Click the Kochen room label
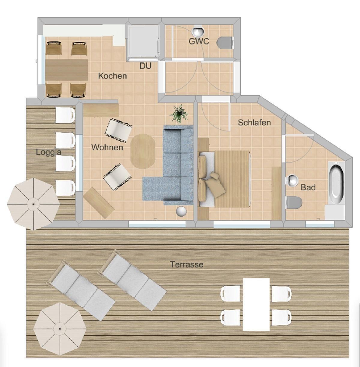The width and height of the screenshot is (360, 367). click(112, 76)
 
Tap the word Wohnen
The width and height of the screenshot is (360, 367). click(107, 148)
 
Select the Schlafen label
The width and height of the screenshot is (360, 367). click(254, 122)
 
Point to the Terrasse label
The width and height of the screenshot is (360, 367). click(187, 264)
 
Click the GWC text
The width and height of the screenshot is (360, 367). click(199, 41)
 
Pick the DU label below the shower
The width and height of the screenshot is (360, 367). click(145, 66)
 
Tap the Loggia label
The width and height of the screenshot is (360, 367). click(49, 152)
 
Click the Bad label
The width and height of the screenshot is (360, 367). click(308, 187)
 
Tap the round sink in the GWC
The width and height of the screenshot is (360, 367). click(198, 31)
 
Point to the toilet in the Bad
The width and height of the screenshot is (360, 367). click(294, 202)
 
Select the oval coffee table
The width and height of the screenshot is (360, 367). click(143, 151)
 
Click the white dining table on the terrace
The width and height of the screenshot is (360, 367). click(256, 305)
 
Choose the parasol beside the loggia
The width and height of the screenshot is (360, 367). click(34, 204)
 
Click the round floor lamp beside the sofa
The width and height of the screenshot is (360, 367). click(181, 211)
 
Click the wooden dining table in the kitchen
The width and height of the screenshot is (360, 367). click(67, 70)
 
